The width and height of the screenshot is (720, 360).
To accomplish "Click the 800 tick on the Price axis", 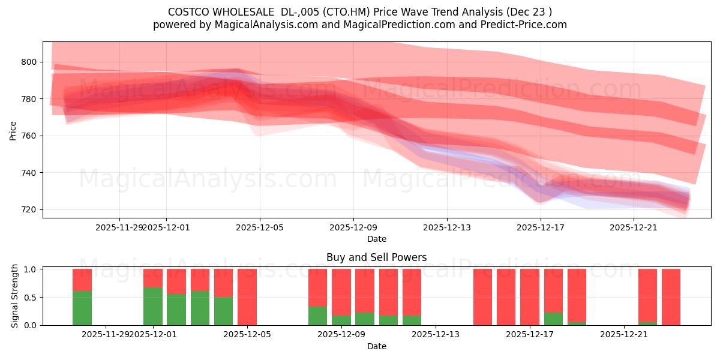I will (x=28, y=62).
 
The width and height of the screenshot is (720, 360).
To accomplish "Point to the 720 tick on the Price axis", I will (x=28, y=209).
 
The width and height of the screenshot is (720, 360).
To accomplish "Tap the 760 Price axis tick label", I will (x=28, y=136).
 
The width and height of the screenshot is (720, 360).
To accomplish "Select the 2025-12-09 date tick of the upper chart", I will (x=353, y=227).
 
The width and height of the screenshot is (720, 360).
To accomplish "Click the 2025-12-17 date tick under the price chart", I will (x=541, y=227).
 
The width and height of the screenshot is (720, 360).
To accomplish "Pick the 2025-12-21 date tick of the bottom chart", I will (x=624, y=334).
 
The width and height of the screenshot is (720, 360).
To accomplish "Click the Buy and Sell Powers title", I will (x=376, y=257).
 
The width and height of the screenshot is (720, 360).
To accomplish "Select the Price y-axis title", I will (x=13, y=131).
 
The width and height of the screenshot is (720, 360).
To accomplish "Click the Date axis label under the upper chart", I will (x=376, y=239).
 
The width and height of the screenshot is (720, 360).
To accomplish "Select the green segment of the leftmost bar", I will (x=82, y=308).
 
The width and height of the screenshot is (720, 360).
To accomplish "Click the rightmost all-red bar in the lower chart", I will (x=671, y=297).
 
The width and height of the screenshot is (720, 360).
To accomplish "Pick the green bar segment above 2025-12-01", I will (x=153, y=306).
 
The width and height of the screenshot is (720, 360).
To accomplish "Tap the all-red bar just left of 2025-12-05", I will (x=247, y=297).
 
